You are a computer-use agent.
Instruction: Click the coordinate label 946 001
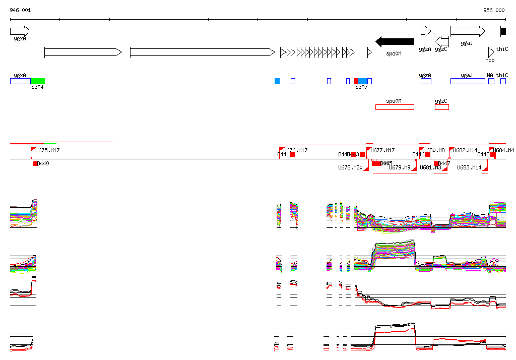pos(20,10)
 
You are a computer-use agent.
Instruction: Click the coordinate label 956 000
pos(493,10)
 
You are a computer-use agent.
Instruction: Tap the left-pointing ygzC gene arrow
pos(441,41)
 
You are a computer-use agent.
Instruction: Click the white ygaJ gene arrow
pos(467,31)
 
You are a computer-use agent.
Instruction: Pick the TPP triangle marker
pos(491,52)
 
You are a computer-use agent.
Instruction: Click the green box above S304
pos(38,81)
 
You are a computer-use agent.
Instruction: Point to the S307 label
pos(361,87)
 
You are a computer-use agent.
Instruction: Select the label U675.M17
pos(47,150)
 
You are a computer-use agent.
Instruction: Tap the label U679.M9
pos(400,167)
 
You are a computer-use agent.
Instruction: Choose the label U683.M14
pos(469,167)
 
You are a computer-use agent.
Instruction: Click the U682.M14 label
pos(465,150)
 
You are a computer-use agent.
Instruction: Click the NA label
pos(490,75)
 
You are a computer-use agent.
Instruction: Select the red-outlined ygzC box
pos(441,107)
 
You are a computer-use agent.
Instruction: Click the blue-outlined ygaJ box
pos(467,81)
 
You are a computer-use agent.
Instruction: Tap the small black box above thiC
pos(503,31)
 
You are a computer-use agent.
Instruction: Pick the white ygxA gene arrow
pos(20,31)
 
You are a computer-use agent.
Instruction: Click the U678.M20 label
pos(350,167)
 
